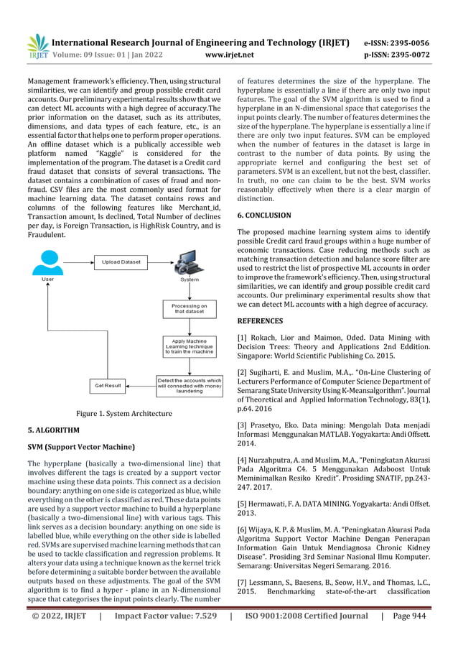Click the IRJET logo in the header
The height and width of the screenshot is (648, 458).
click(37, 45)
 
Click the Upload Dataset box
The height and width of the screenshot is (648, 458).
click(121, 262)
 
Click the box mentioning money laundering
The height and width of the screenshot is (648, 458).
click(190, 386)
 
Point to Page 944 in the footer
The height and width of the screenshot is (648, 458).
click(416, 635)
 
